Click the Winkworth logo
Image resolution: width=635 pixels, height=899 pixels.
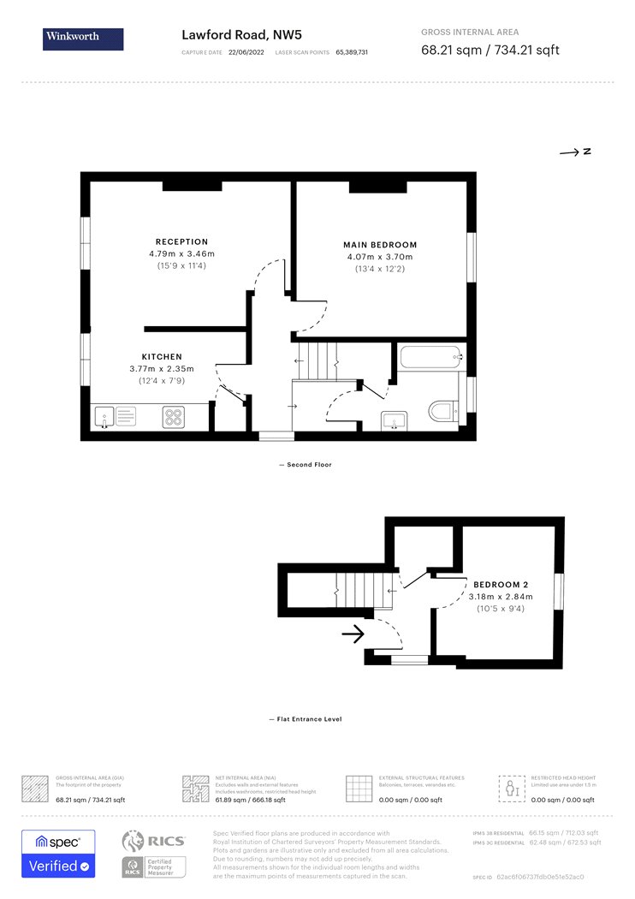coord(83,39)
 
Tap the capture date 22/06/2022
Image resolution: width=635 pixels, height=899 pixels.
coord(244,52)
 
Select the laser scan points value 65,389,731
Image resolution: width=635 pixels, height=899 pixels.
coord(352,52)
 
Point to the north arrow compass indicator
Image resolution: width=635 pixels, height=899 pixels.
coord(575,152)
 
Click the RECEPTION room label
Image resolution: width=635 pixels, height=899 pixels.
coord(181,241)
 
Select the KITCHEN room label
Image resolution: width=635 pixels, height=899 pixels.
coord(162,356)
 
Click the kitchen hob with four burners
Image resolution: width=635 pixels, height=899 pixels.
coord(174,417)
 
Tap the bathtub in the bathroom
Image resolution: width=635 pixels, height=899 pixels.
coord(431,355)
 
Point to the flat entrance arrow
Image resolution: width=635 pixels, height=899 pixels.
coord(353,634)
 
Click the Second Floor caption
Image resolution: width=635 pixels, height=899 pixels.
coord(306,465)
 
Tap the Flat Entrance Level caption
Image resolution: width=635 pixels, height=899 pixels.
coord(306,719)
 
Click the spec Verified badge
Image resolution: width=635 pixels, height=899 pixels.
coord(58,854)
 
